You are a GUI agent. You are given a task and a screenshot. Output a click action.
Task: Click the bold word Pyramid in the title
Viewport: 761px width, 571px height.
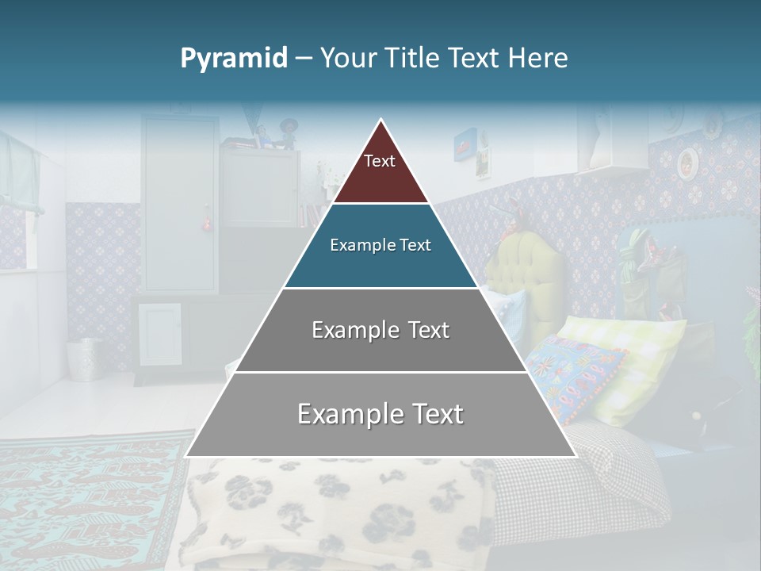pyautogui.click(x=234, y=59)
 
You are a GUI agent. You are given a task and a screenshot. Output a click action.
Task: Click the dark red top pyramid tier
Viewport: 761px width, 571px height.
pyautogui.click(x=380, y=171)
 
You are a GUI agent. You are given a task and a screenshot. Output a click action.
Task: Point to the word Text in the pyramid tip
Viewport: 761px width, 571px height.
pyautogui.click(x=380, y=162)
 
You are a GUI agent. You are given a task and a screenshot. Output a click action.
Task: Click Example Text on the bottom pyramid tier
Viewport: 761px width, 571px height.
pyautogui.click(x=380, y=414)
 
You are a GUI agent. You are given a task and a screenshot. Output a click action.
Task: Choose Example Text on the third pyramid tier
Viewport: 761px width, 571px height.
pyautogui.click(x=380, y=330)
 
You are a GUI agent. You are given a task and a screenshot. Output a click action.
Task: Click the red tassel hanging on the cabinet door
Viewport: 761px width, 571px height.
pyautogui.click(x=208, y=224)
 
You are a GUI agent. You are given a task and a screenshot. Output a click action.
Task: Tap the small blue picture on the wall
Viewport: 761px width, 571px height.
pyautogui.click(x=465, y=145)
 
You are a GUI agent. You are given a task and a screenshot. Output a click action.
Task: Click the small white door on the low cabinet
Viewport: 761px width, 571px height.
pyautogui.click(x=160, y=333)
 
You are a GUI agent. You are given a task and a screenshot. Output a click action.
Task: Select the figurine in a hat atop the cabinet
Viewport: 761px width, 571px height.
pyautogui.click(x=288, y=132)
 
